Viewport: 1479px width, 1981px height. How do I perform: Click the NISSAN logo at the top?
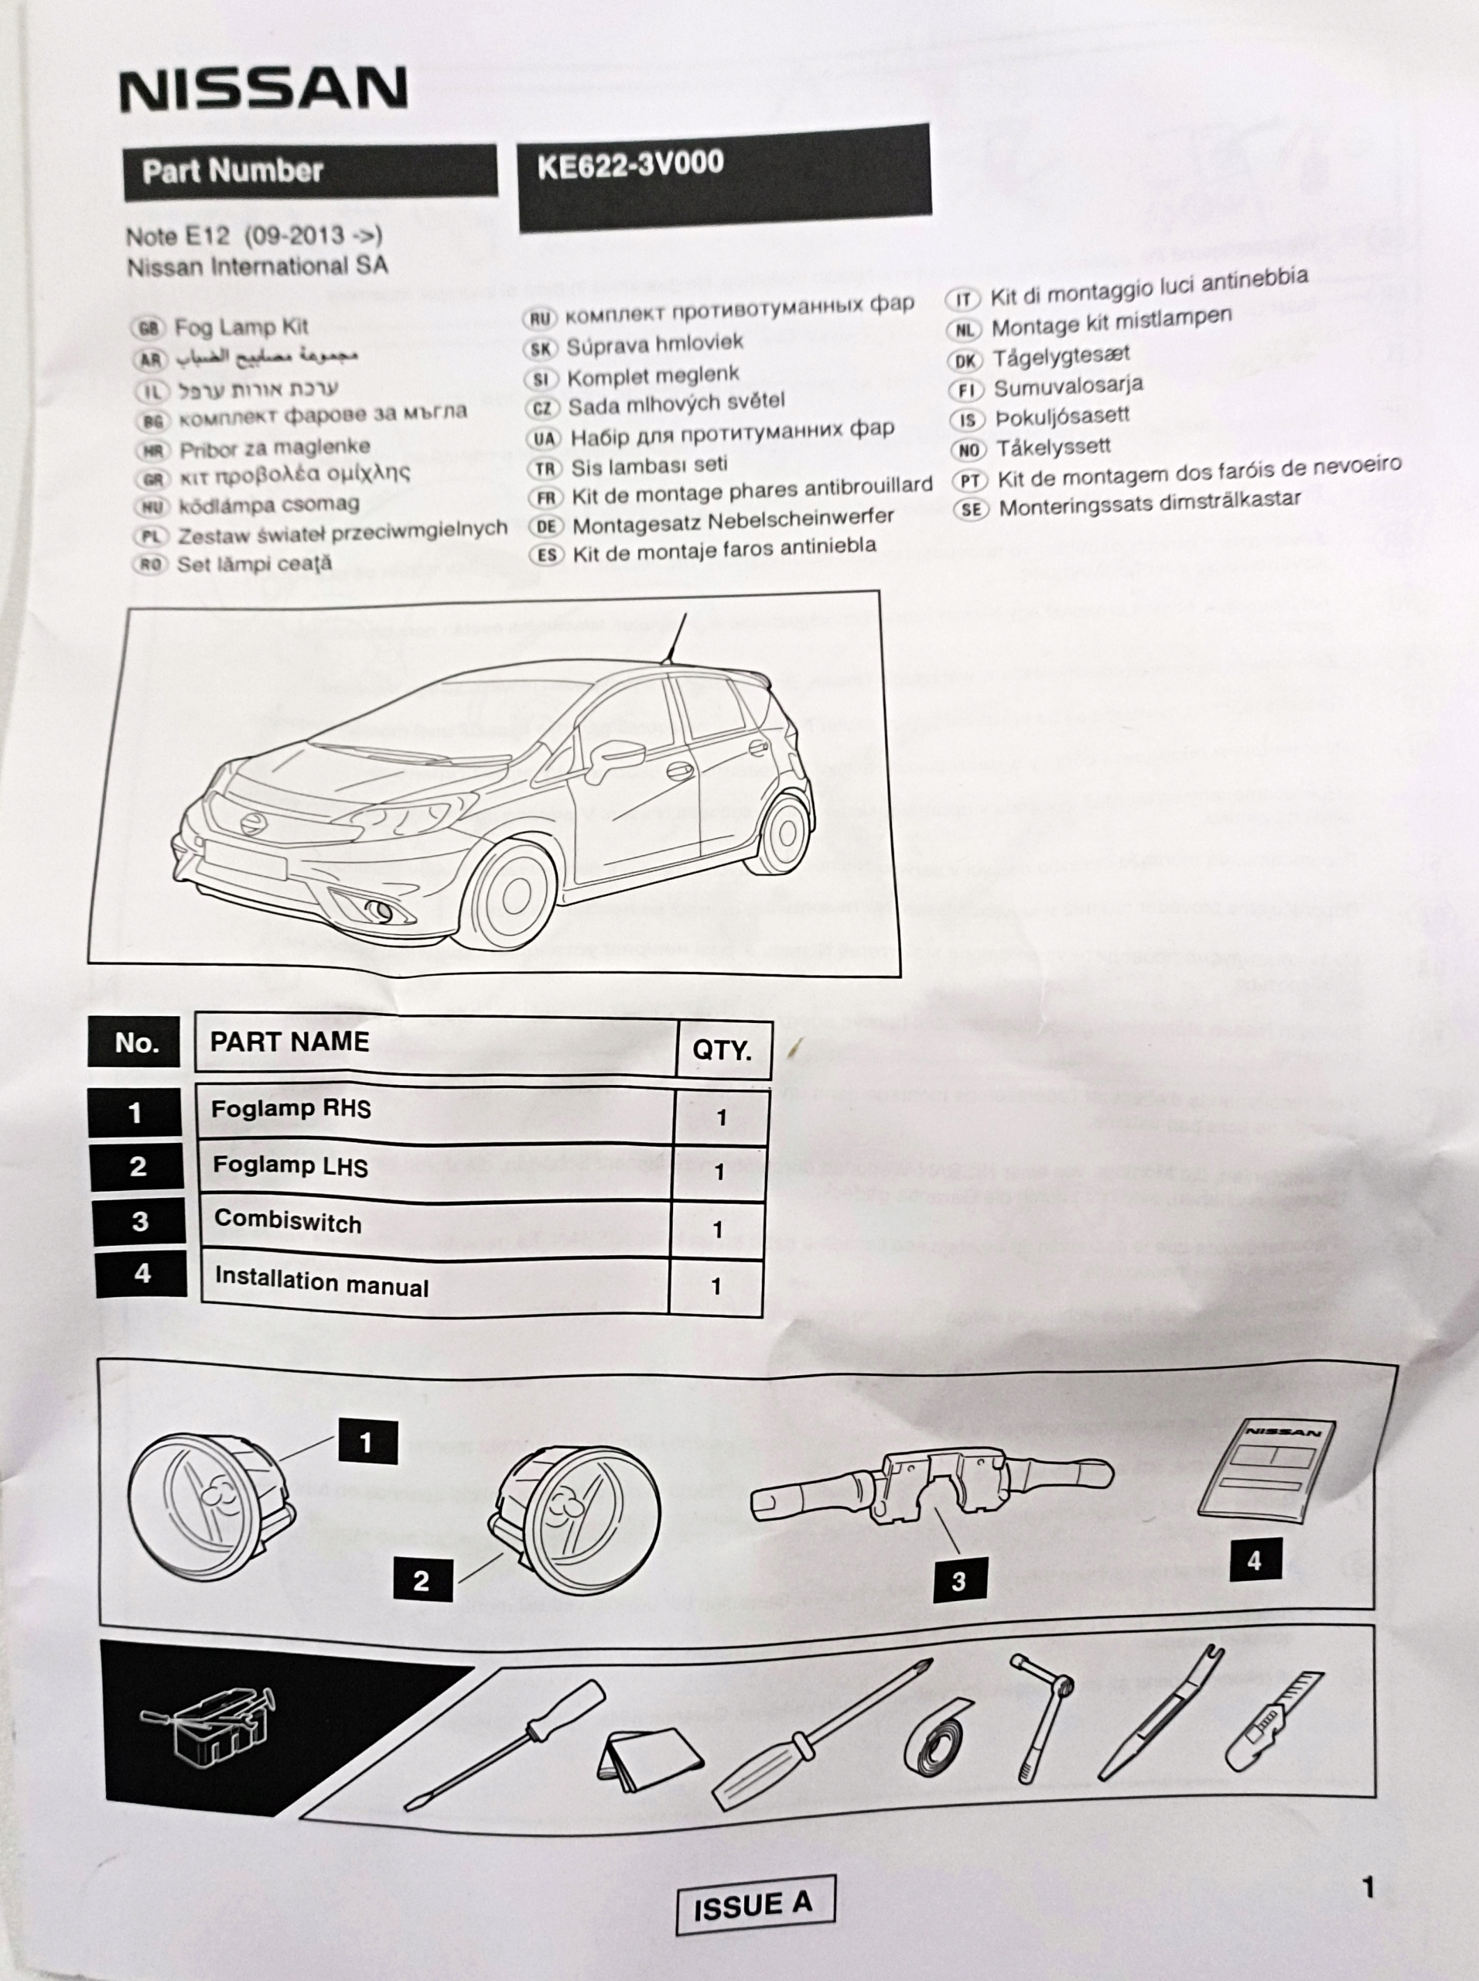(x=264, y=89)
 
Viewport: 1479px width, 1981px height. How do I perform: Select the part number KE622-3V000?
(x=630, y=164)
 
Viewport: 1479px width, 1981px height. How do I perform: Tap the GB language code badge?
(x=148, y=328)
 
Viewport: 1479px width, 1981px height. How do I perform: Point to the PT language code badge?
(x=969, y=481)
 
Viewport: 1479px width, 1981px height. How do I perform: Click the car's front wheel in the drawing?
(x=514, y=895)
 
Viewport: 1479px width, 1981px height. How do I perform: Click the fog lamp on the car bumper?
(x=381, y=912)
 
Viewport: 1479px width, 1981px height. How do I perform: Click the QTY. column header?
(x=722, y=1049)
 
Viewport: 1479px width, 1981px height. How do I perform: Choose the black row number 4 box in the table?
(x=142, y=1273)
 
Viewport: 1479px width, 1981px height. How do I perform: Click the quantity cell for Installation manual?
(x=716, y=1286)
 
